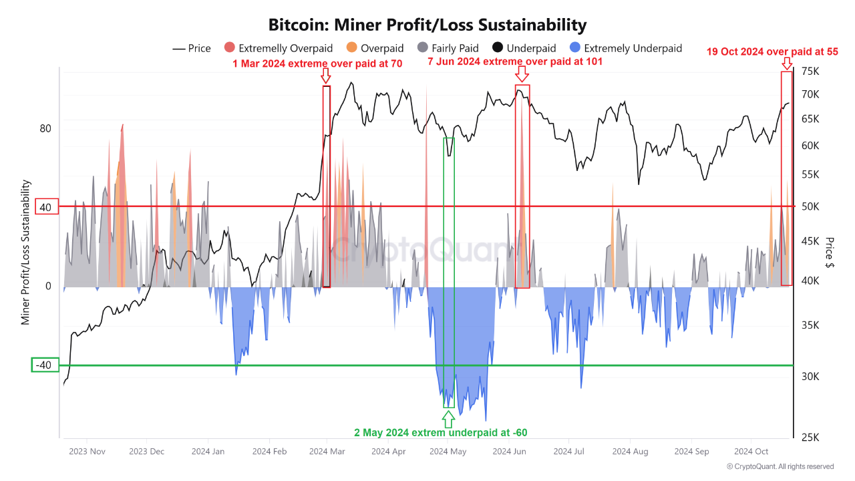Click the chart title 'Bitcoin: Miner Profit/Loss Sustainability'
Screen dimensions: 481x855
[427, 25]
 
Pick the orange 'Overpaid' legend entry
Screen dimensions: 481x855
[375, 48]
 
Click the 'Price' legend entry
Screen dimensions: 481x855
[192, 48]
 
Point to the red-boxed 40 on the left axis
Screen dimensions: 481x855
[45, 207]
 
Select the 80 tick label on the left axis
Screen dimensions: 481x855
[45, 128]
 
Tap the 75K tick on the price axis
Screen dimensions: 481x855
[810, 71]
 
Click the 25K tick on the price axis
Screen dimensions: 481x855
[810, 437]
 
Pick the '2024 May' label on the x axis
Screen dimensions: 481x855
[448, 452]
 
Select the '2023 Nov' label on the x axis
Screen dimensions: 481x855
[88, 452]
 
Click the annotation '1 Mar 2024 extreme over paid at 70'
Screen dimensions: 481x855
[317, 63]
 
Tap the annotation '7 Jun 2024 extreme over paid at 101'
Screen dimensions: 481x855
[515, 61]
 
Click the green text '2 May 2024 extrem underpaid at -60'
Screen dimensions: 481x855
[441, 432]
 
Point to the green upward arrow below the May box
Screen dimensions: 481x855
[448, 419]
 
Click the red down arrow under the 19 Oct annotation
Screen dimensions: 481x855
[787, 63]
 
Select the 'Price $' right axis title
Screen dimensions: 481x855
[829, 253]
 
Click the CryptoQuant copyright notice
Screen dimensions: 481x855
[780, 466]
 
